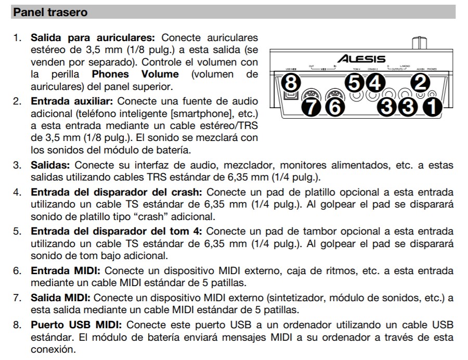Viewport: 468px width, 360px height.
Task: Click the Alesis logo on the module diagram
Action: [361, 59]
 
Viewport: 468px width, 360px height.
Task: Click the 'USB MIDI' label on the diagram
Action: [291, 69]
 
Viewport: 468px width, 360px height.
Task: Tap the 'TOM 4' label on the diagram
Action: [356, 69]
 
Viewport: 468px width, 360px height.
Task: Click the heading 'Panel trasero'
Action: [50, 11]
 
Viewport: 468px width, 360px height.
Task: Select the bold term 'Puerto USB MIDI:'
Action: [76, 325]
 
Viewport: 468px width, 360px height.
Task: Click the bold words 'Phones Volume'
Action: [138, 74]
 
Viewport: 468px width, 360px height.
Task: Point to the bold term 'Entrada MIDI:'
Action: [65, 271]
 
